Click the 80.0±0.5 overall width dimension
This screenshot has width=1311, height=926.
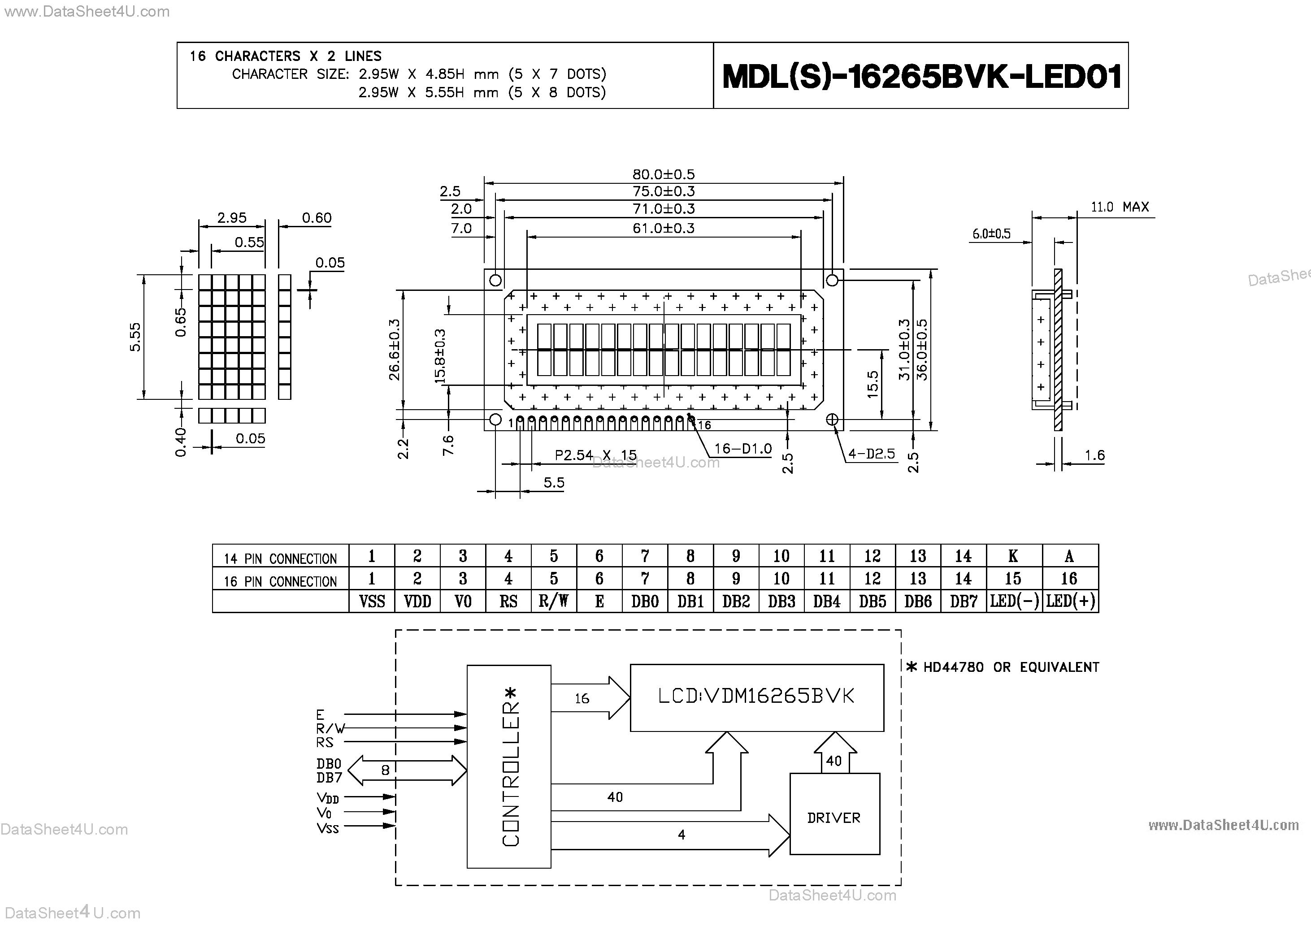coord(663,174)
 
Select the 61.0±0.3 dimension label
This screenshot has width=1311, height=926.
coord(663,228)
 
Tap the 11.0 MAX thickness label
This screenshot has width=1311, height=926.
coord(1119,207)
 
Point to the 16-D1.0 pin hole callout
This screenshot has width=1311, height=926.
coord(742,449)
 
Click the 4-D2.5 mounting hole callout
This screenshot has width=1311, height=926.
coord(871,454)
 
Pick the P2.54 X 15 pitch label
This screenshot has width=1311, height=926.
coord(595,455)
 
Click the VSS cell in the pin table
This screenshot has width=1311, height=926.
coord(372,601)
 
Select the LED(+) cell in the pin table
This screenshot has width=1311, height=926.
coord(1070,601)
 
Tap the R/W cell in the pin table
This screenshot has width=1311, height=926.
coord(553,601)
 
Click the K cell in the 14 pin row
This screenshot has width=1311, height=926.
coord(1013,555)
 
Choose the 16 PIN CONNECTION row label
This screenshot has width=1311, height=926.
coord(280,581)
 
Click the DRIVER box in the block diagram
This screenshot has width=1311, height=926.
coord(833,818)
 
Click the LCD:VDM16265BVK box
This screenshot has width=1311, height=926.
coord(756,697)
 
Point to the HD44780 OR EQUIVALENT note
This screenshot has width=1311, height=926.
coord(1003,667)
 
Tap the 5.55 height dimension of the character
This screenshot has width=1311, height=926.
coord(135,337)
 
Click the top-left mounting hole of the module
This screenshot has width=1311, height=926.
coord(495,280)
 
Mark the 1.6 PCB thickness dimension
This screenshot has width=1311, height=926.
coord(1094,455)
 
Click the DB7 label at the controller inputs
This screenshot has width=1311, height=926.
coord(329,778)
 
